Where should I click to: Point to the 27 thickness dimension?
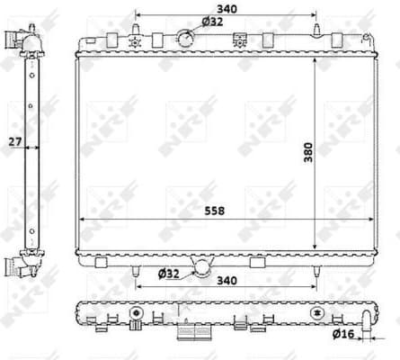[13, 141]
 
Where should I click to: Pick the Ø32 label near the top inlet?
[212, 21]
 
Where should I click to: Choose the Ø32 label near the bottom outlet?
[170, 274]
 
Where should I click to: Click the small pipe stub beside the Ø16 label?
[365, 317]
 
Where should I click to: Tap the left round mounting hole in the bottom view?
[137, 312]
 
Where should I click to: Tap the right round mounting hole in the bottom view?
[316, 312]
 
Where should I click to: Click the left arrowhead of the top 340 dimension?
[138, 16]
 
